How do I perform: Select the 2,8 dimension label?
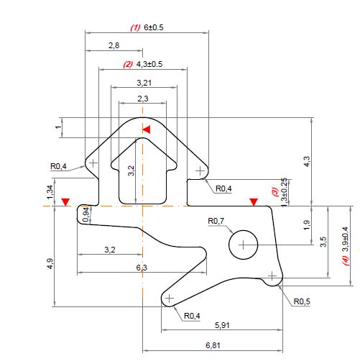pos(114,45)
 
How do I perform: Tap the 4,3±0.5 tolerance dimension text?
pos(149,64)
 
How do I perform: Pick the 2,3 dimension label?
pos(142,99)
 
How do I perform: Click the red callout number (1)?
pos(134,27)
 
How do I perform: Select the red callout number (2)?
pos(127,64)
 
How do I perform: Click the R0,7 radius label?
pos(216,220)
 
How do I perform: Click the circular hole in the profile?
pos(242,245)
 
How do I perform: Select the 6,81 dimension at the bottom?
pos(213,345)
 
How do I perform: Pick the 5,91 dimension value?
pos(223,325)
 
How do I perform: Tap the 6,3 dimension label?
pos(142,268)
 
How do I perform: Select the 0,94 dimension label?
pos(86,214)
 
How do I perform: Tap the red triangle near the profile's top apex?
pos(147,129)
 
